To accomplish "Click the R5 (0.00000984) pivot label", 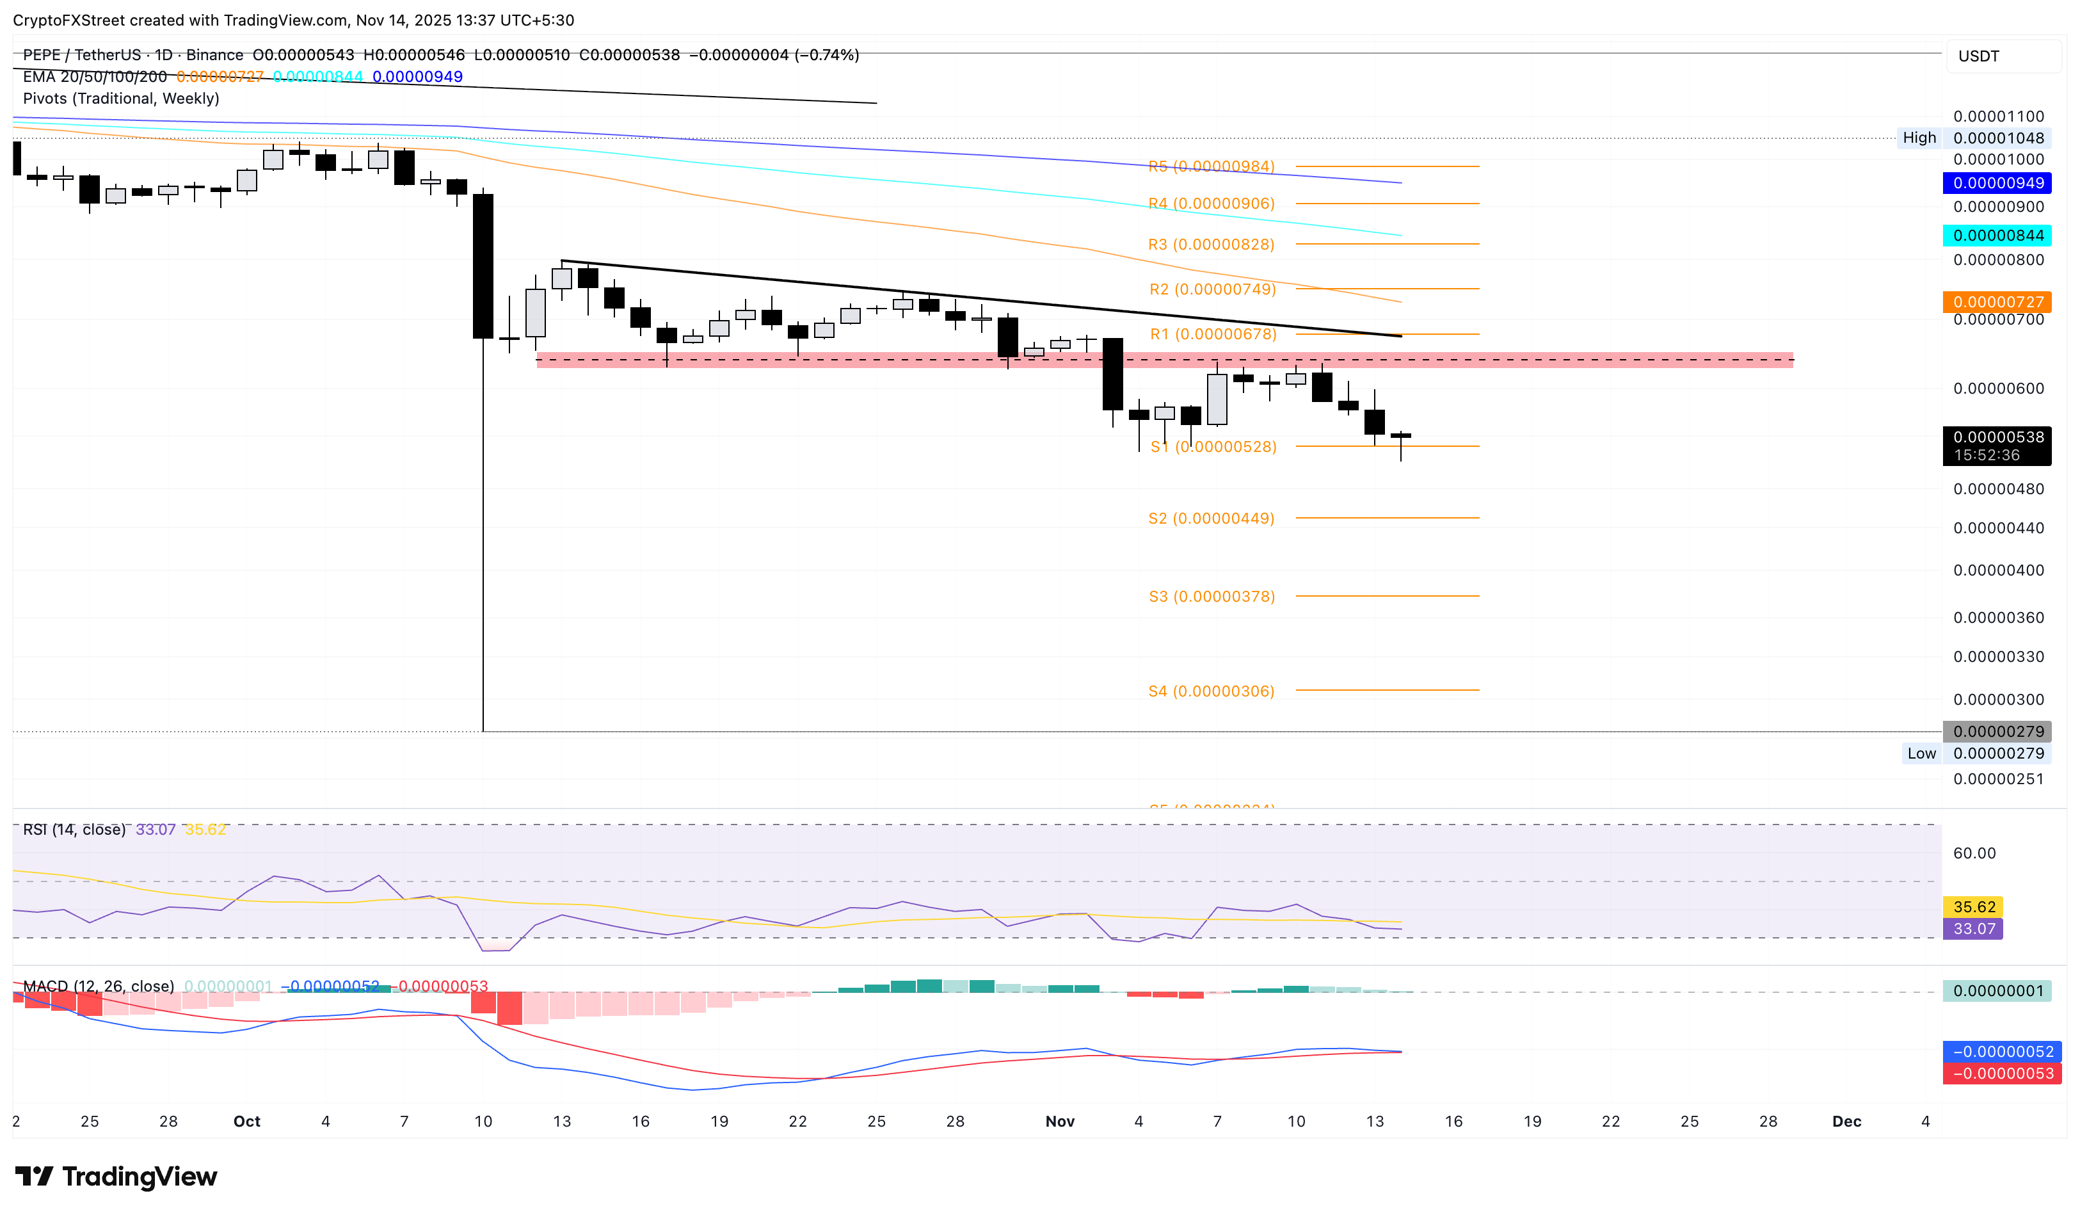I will click(x=1211, y=166).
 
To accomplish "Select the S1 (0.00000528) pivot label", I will click(x=1213, y=447).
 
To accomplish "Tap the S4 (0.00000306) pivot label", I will click(x=1211, y=691).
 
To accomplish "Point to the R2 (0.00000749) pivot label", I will click(x=1212, y=289).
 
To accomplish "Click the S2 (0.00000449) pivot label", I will click(x=1211, y=519).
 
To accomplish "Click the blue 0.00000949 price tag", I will click(x=1997, y=183).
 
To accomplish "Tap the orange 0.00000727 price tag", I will click(x=1997, y=302).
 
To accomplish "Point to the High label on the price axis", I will click(x=1919, y=138).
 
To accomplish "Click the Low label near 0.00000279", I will click(x=1921, y=753).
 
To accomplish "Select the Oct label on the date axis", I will click(x=247, y=1121).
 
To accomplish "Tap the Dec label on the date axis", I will click(x=1846, y=1121).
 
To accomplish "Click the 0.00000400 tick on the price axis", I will click(x=1997, y=570).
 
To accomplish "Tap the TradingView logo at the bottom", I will click(x=116, y=1176).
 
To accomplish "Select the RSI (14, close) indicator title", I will click(x=74, y=830).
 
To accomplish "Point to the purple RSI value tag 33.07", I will click(x=1972, y=929).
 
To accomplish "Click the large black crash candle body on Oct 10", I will click(x=483, y=266).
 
